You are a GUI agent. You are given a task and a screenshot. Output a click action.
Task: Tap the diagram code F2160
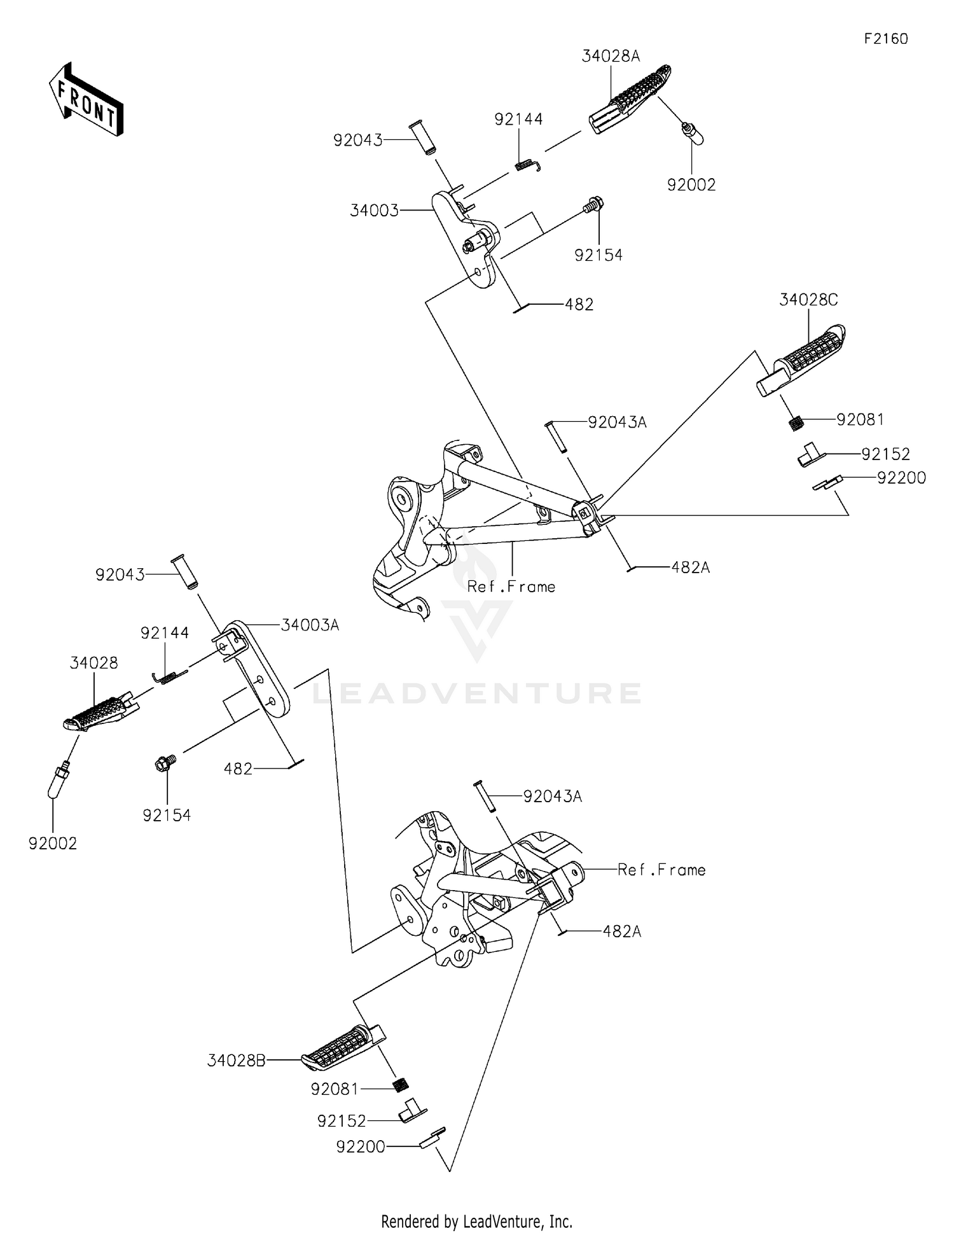click(x=886, y=39)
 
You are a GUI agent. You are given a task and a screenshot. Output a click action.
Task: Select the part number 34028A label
click(x=611, y=56)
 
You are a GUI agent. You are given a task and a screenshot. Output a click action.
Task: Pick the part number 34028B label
click(x=236, y=1061)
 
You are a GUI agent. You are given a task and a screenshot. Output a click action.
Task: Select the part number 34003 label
click(x=374, y=211)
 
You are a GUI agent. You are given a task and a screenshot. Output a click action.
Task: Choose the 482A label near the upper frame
click(x=690, y=568)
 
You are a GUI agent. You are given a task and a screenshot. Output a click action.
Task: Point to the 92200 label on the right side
click(x=901, y=478)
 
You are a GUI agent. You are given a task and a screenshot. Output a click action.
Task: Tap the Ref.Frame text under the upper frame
click(x=511, y=587)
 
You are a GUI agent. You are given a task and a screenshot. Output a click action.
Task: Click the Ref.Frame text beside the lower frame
click(x=661, y=870)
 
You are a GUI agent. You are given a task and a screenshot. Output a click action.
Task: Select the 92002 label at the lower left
click(x=53, y=844)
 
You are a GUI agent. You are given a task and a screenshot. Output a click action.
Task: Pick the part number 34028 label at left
click(x=94, y=663)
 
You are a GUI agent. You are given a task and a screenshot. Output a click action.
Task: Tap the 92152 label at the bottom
click(x=342, y=1120)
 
